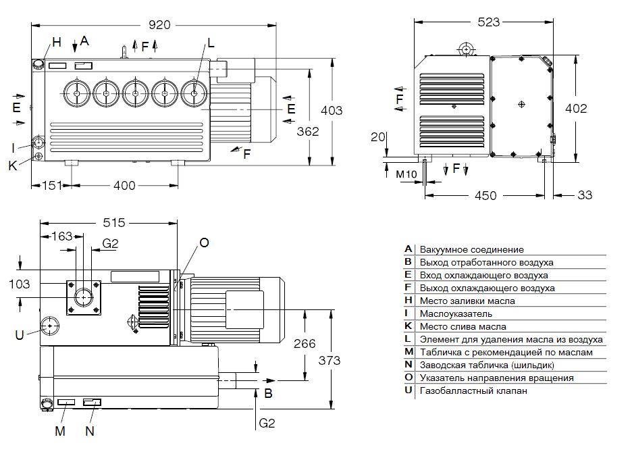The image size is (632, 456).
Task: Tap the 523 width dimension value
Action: click(x=488, y=22)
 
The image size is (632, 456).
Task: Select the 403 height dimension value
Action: click(x=331, y=111)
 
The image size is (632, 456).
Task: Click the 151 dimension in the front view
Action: click(x=52, y=185)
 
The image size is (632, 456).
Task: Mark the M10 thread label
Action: click(x=405, y=174)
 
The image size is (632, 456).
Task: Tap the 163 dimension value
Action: click(x=61, y=236)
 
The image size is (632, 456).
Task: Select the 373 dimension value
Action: click(x=330, y=360)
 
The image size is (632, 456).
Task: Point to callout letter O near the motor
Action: click(x=204, y=243)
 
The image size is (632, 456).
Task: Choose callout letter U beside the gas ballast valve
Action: click(x=20, y=334)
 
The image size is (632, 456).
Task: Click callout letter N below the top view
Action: click(x=90, y=430)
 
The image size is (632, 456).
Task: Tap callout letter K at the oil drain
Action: click(x=13, y=165)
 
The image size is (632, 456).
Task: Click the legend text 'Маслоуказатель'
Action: click(x=456, y=313)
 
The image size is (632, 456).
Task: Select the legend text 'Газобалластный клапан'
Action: click(x=473, y=390)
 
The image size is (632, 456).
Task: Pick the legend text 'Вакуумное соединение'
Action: click(x=471, y=249)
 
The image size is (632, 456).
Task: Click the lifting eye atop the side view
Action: click(x=465, y=49)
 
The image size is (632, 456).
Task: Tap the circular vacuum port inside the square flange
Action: click(x=84, y=296)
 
